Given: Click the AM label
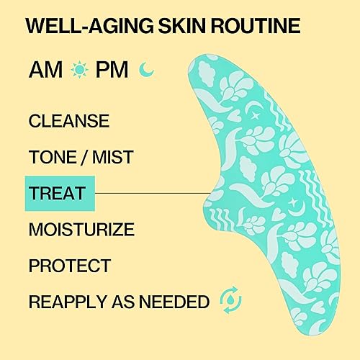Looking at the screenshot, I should pos(45,71).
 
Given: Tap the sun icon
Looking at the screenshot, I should pos(79,71).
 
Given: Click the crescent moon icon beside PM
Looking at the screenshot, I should pos(148,71).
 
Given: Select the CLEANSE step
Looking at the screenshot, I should pos(68,121).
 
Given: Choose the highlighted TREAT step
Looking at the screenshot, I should pos(57,193).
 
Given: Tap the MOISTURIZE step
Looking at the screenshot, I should pos(81,230).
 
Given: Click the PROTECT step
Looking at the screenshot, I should pos(70,266).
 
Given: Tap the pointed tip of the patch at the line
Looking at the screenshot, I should pos(208,193).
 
